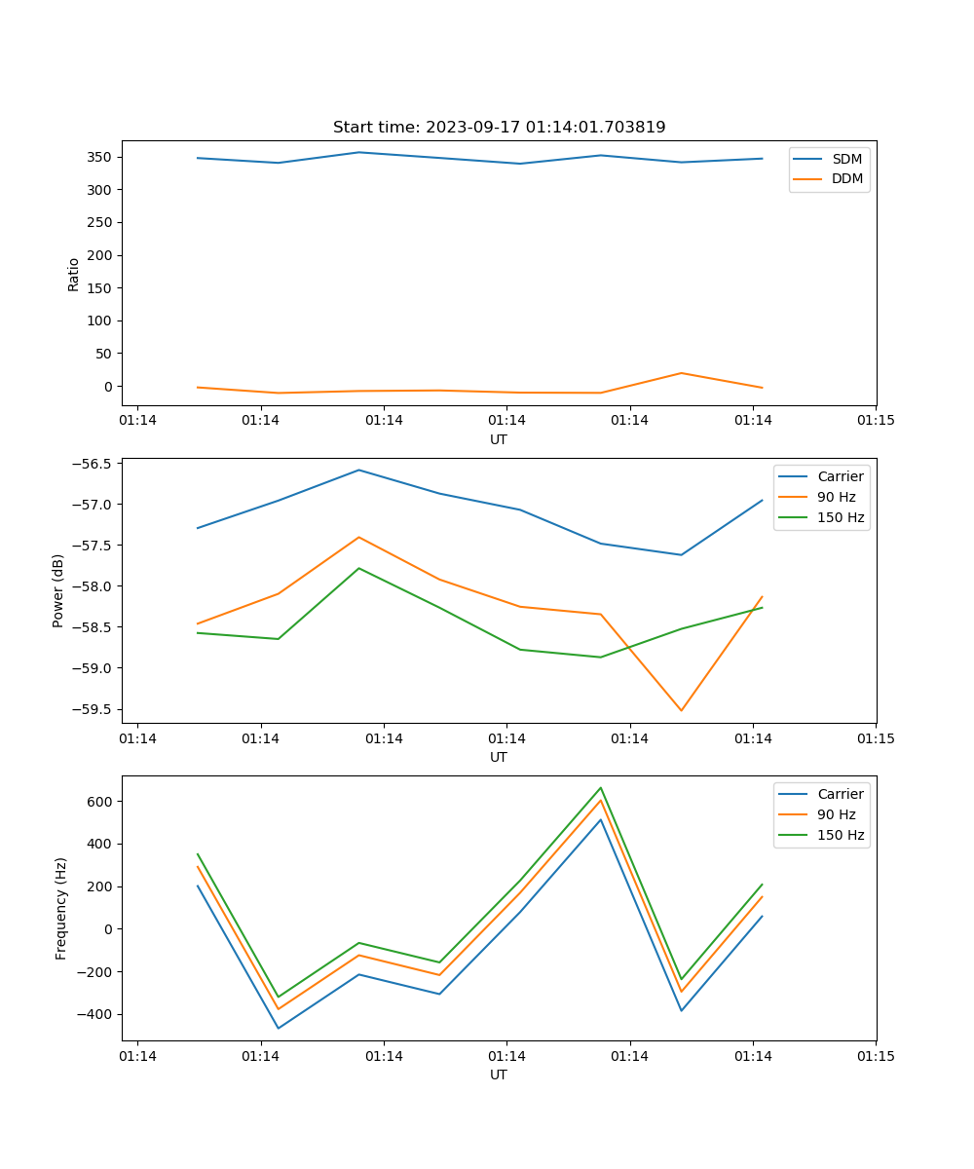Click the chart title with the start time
(x=499, y=128)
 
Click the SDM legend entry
(x=846, y=159)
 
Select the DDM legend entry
(x=846, y=178)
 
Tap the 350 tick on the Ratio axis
(x=101, y=157)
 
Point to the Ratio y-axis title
(x=74, y=274)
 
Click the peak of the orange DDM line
(x=681, y=373)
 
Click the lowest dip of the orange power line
(x=681, y=710)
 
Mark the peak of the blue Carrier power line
(x=358, y=470)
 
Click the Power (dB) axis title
(x=58, y=590)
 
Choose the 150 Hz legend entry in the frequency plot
(x=842, y=835)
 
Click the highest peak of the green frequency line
(x=601, y=787)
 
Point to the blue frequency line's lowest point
(x=279, y=1028)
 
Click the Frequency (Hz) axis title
(x=60, y=908)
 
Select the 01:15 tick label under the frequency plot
(x=876, y=1055)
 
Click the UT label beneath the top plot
(x=499, y=439)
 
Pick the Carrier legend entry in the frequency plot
(x=840, y=794)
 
